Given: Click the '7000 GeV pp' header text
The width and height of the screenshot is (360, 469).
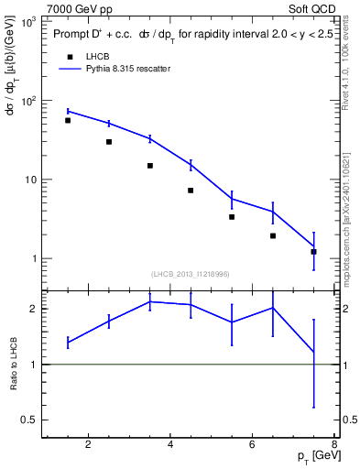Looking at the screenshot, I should pyautogui.click(x=75, y=7).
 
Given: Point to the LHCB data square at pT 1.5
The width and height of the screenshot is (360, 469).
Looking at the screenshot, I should pyautogui.click(x=68, y=120).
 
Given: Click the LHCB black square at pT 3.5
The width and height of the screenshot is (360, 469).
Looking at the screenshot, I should pyautogui.click(x=150, y=166).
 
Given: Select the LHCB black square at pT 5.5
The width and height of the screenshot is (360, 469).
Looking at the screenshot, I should pyautogui.click(x=232, y=217).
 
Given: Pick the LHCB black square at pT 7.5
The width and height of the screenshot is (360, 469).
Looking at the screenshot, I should pyautogui.click(x=314, y=251).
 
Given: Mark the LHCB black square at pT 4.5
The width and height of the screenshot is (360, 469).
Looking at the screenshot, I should pyautogui.click(x=191, y=191).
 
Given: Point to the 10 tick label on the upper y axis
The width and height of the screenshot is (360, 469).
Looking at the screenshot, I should pyautogui.click(x=28, y=180).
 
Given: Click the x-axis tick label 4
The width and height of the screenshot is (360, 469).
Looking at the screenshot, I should pyautogui.click(x=170, y=445).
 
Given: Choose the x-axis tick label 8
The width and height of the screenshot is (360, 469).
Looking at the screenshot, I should pyautogui.click(x=335, y=445).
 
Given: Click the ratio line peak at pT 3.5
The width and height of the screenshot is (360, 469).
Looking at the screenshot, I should pyautogui.click(x=150, y=301).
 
